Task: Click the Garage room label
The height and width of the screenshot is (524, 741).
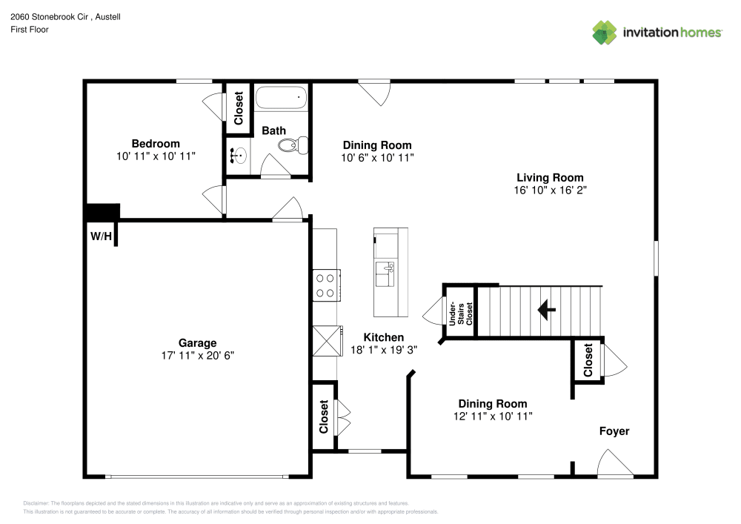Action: pos(198,343)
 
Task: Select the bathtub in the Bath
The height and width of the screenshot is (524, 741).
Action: pos(281,99)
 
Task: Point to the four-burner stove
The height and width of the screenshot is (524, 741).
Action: pos(326,285)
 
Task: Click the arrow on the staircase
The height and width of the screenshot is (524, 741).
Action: pos(547,310)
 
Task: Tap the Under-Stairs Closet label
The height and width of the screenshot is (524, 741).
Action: pos(460,314)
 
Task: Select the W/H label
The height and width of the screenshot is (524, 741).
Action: pos(101,236)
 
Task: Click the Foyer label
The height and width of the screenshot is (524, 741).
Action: pos(614,431)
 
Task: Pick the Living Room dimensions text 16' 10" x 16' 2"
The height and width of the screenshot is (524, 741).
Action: pos(550,190)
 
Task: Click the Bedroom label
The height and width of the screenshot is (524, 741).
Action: pos(156,144)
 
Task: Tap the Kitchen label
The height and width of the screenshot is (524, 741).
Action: pos(384,337)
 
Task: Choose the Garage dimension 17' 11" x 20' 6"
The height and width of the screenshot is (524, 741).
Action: pos(198,355)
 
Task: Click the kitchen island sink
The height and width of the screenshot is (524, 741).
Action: pos(385,274)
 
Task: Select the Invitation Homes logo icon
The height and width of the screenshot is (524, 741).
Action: pos(605,33)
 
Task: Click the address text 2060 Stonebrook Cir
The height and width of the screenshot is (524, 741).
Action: pos(49,16)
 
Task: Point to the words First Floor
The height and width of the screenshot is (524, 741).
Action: pos(30,30)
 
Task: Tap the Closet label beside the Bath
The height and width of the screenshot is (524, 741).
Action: pos(238,108)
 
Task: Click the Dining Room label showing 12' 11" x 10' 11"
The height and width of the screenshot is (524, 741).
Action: pos(493,404)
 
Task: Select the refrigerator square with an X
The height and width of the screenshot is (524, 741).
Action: pos(328,341)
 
